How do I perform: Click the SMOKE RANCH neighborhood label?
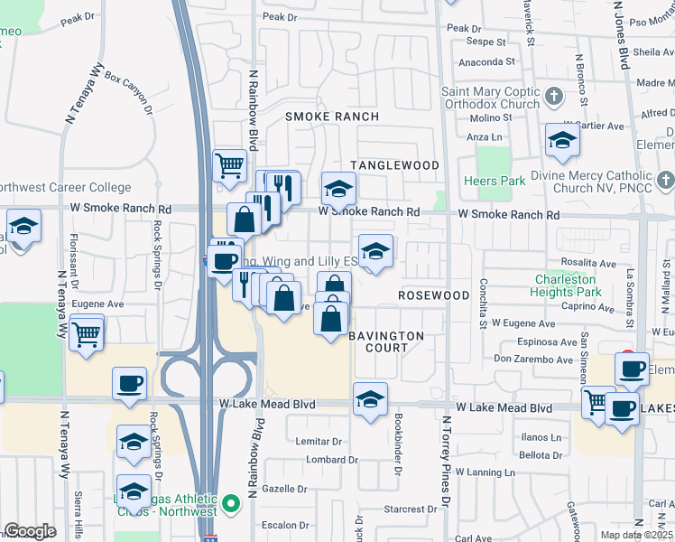click(331, 117)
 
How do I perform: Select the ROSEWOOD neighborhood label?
click(434, 295)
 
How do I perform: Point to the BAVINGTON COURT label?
click(386, 342)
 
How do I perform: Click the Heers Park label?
click(494, 181)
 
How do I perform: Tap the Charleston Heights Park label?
click(568, 285)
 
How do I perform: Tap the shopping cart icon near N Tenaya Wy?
click(87, 336)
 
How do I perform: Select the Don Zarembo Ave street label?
click(532, 359)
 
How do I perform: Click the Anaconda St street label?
click(486, 62)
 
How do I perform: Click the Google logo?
click(31, 531)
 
